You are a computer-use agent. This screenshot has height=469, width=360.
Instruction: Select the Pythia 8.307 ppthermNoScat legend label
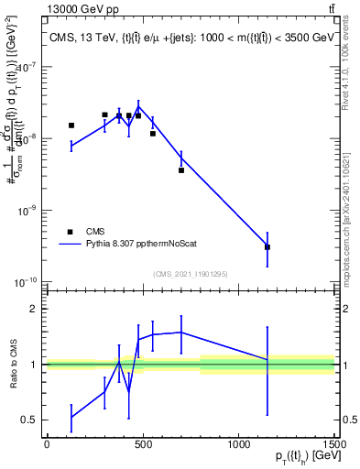point(135,245)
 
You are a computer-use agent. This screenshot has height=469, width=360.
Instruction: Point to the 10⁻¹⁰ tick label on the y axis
point(27,281)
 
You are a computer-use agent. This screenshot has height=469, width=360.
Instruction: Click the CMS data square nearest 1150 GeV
point(267,247)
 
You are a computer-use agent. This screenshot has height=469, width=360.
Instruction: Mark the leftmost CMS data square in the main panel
point(71,125)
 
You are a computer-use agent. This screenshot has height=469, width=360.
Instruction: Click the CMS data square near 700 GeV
point(181,170)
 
